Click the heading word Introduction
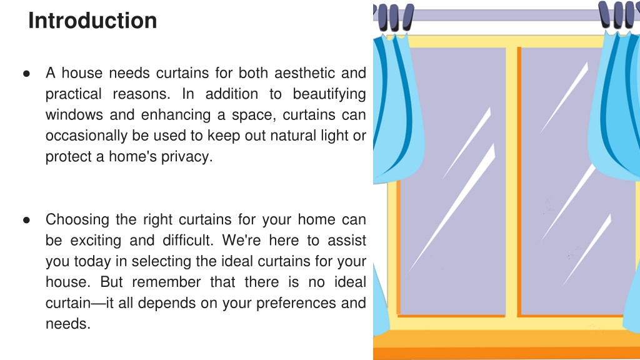pos(92,21)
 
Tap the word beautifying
pos(329,94)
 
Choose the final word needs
pos(67,324)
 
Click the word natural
pos(294,136)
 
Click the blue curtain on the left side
pos(391,112)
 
